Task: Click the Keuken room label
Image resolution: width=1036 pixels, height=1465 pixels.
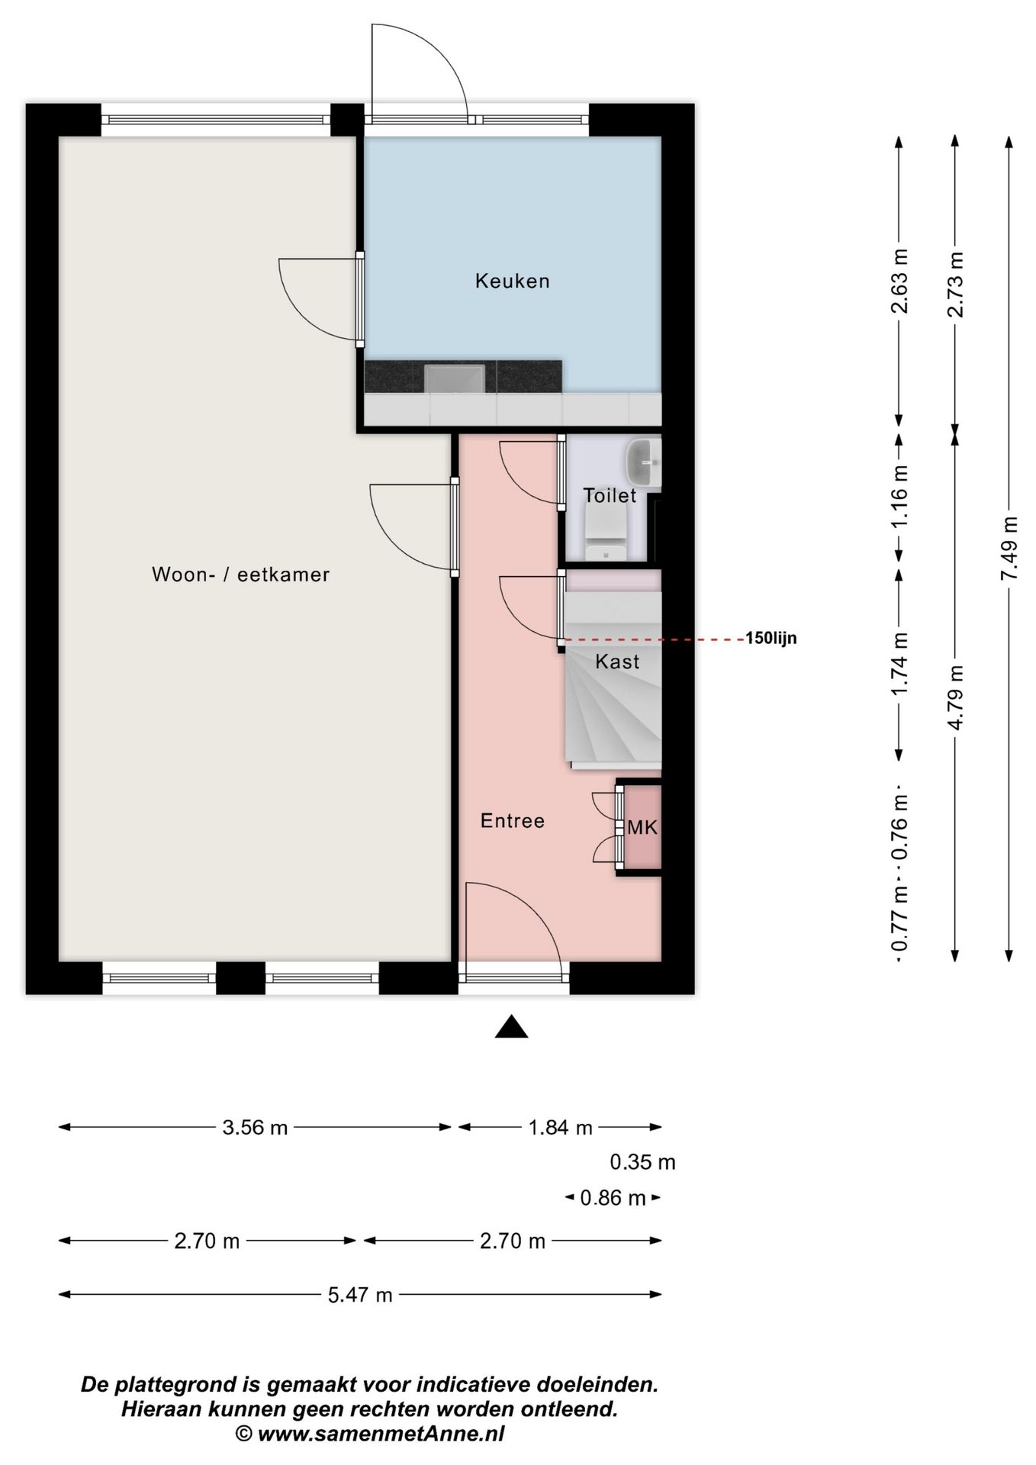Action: [x=512, y=281]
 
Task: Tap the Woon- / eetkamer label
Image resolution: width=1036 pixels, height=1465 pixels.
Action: [x=241, y=575]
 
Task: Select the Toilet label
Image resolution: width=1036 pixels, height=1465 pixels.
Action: [x=610, y=495]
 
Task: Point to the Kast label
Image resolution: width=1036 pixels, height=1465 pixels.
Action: [x=617, y=662]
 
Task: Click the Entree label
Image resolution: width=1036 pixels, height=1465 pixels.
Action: [x=513, y=821]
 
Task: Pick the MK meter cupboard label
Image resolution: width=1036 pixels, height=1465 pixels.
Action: [x=642, y=827]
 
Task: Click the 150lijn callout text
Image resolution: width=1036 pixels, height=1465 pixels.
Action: [x=771, y=638]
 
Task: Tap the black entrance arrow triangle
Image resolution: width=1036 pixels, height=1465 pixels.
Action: [x=511, y=1027]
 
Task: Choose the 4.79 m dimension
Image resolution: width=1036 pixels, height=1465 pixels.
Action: [x=954, y=697]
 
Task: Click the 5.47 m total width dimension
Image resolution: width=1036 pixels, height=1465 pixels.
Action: [x=360, y=1294]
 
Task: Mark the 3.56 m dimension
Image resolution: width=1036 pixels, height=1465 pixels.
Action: [x=255, y=1127]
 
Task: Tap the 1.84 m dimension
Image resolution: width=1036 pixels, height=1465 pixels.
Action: [x=560, y=1127]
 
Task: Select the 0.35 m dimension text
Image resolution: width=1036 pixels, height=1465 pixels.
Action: [x=642, y=1162]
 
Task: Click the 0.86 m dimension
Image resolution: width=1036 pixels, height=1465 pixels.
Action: [x=613, y=1198]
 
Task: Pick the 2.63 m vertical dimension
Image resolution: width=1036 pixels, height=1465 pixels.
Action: [x=899, y=281]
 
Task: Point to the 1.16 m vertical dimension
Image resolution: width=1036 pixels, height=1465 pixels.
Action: [x=899, y=497]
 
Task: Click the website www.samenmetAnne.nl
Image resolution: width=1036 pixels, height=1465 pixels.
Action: [x=381, y=1433]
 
